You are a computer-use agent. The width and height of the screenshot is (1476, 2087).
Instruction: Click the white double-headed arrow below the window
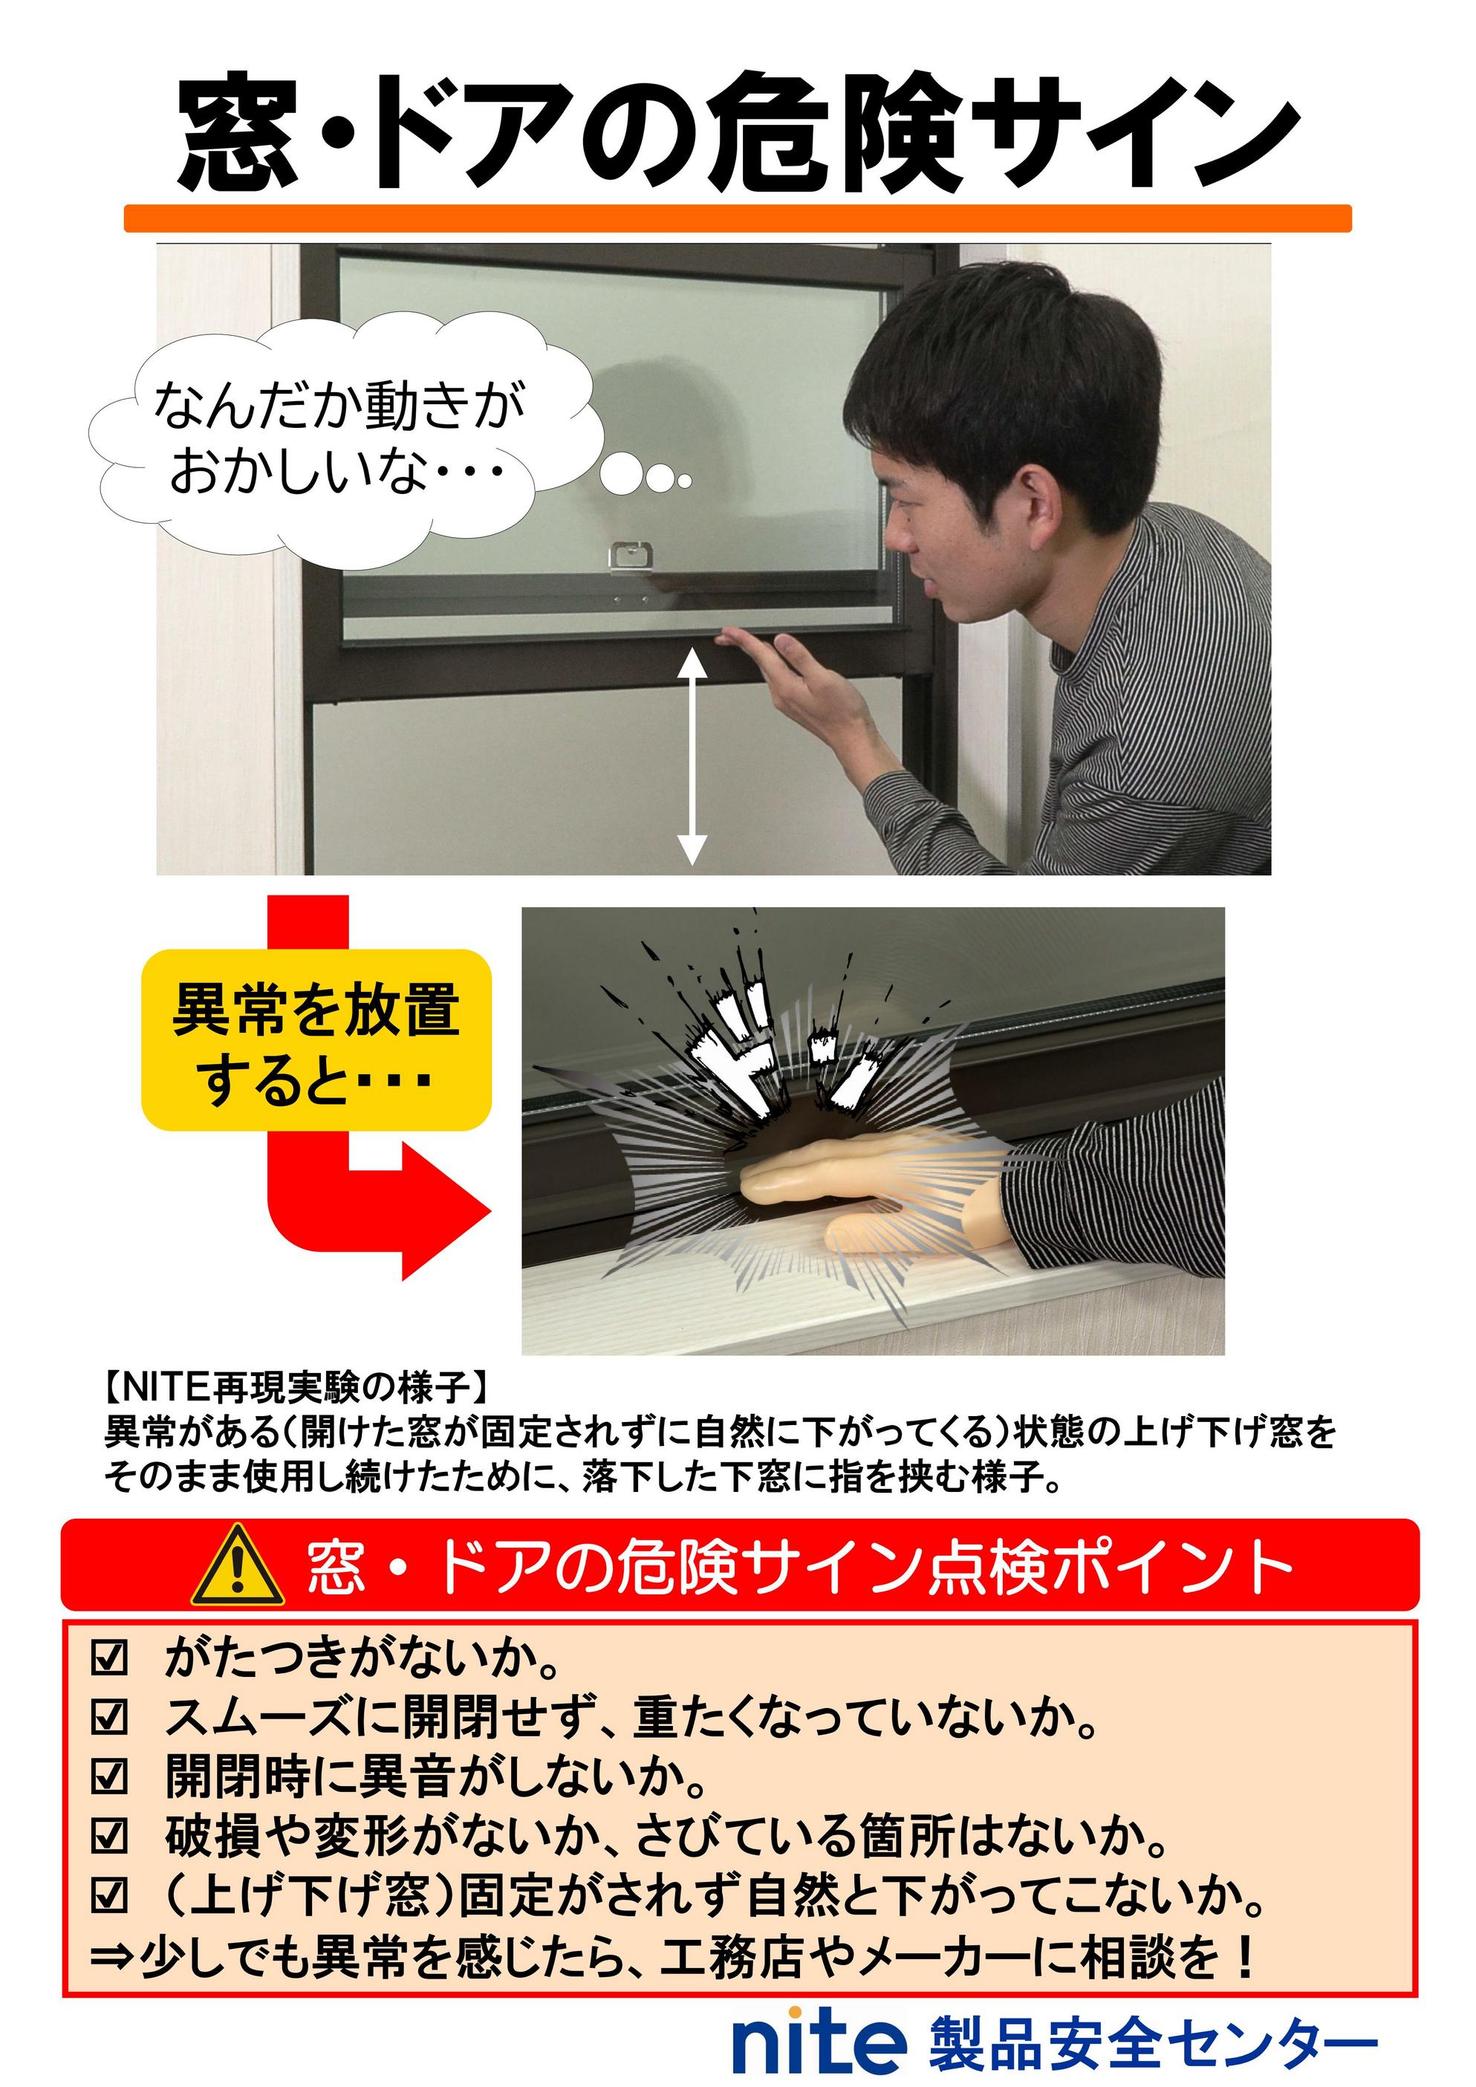pyautogui.click(x=692, y=756)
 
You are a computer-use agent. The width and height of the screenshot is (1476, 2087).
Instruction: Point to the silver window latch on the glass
pyautogui.click(x=631, y=556)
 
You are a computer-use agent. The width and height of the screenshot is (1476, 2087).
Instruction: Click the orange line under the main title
pyautogui.click(x=738, y=218)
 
